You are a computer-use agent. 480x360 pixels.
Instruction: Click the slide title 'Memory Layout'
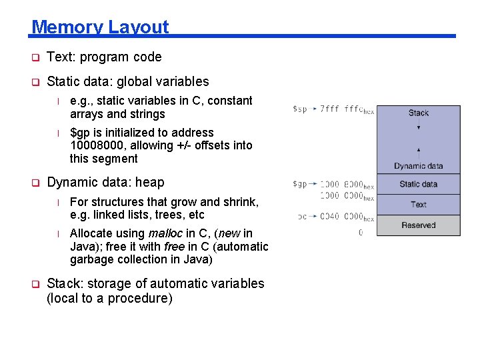(x=100, y=27)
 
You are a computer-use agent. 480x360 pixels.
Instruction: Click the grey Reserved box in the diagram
(x=418, y=225)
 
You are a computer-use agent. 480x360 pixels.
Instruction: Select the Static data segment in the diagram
(x=418, y=184)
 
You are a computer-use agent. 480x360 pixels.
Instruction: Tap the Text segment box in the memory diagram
(x=418, y=205)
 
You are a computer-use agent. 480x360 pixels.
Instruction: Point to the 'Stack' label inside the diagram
(x=418, y=113)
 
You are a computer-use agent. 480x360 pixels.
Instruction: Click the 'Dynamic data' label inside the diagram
(x=418, y=166)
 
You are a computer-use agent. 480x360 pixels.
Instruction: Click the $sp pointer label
(x=300, y=109)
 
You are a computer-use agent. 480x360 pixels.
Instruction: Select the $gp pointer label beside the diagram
(x=300, y=184)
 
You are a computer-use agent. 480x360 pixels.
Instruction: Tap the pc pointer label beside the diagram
(x=302, y=216)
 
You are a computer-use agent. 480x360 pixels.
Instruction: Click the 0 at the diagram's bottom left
(x=361, y=233)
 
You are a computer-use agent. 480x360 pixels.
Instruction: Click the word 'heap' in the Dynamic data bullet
(x=149, y=182)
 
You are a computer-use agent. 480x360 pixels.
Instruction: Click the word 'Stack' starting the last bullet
(x=65, y=283)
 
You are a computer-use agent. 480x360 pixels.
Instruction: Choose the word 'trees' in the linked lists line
(x=170, y=215)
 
